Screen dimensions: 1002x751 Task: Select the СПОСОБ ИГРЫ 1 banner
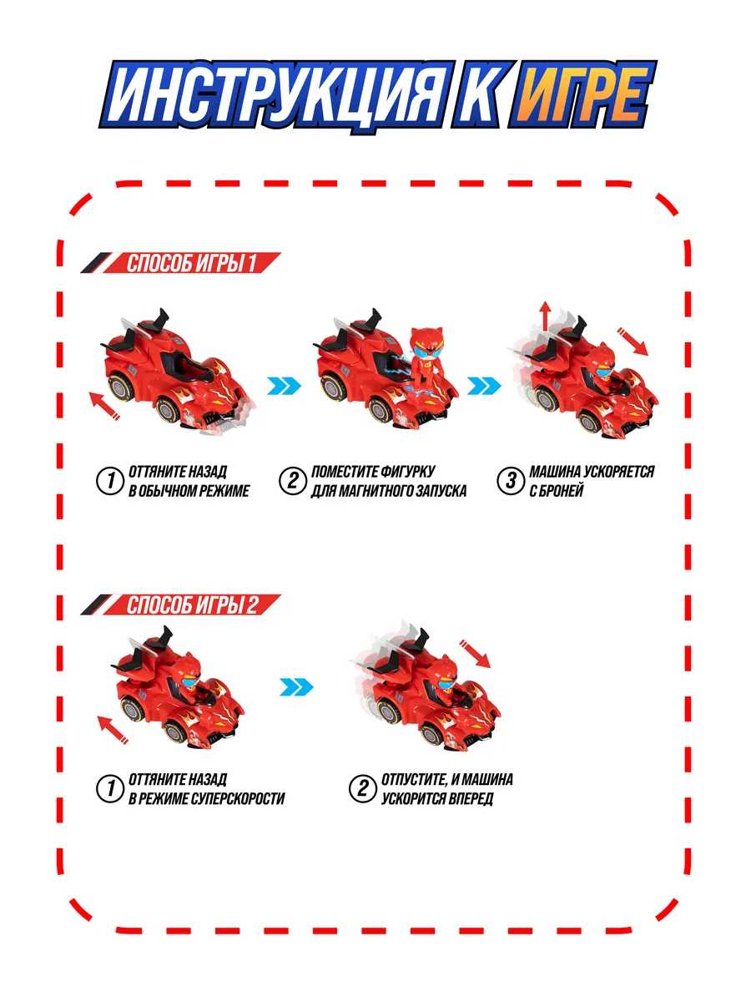(x=191, y=264)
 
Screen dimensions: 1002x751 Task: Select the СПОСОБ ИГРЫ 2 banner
(x=191, y=605)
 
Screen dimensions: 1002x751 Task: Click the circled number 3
(x=508, y=482)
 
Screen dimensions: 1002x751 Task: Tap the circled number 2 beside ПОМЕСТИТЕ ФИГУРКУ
(x=291, y=482)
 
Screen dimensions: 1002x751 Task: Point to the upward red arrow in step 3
(x=545, y=316)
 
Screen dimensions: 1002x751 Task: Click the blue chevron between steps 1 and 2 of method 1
(x=283, y=386)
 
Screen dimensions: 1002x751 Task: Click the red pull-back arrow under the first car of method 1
(x=104, y=407)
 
